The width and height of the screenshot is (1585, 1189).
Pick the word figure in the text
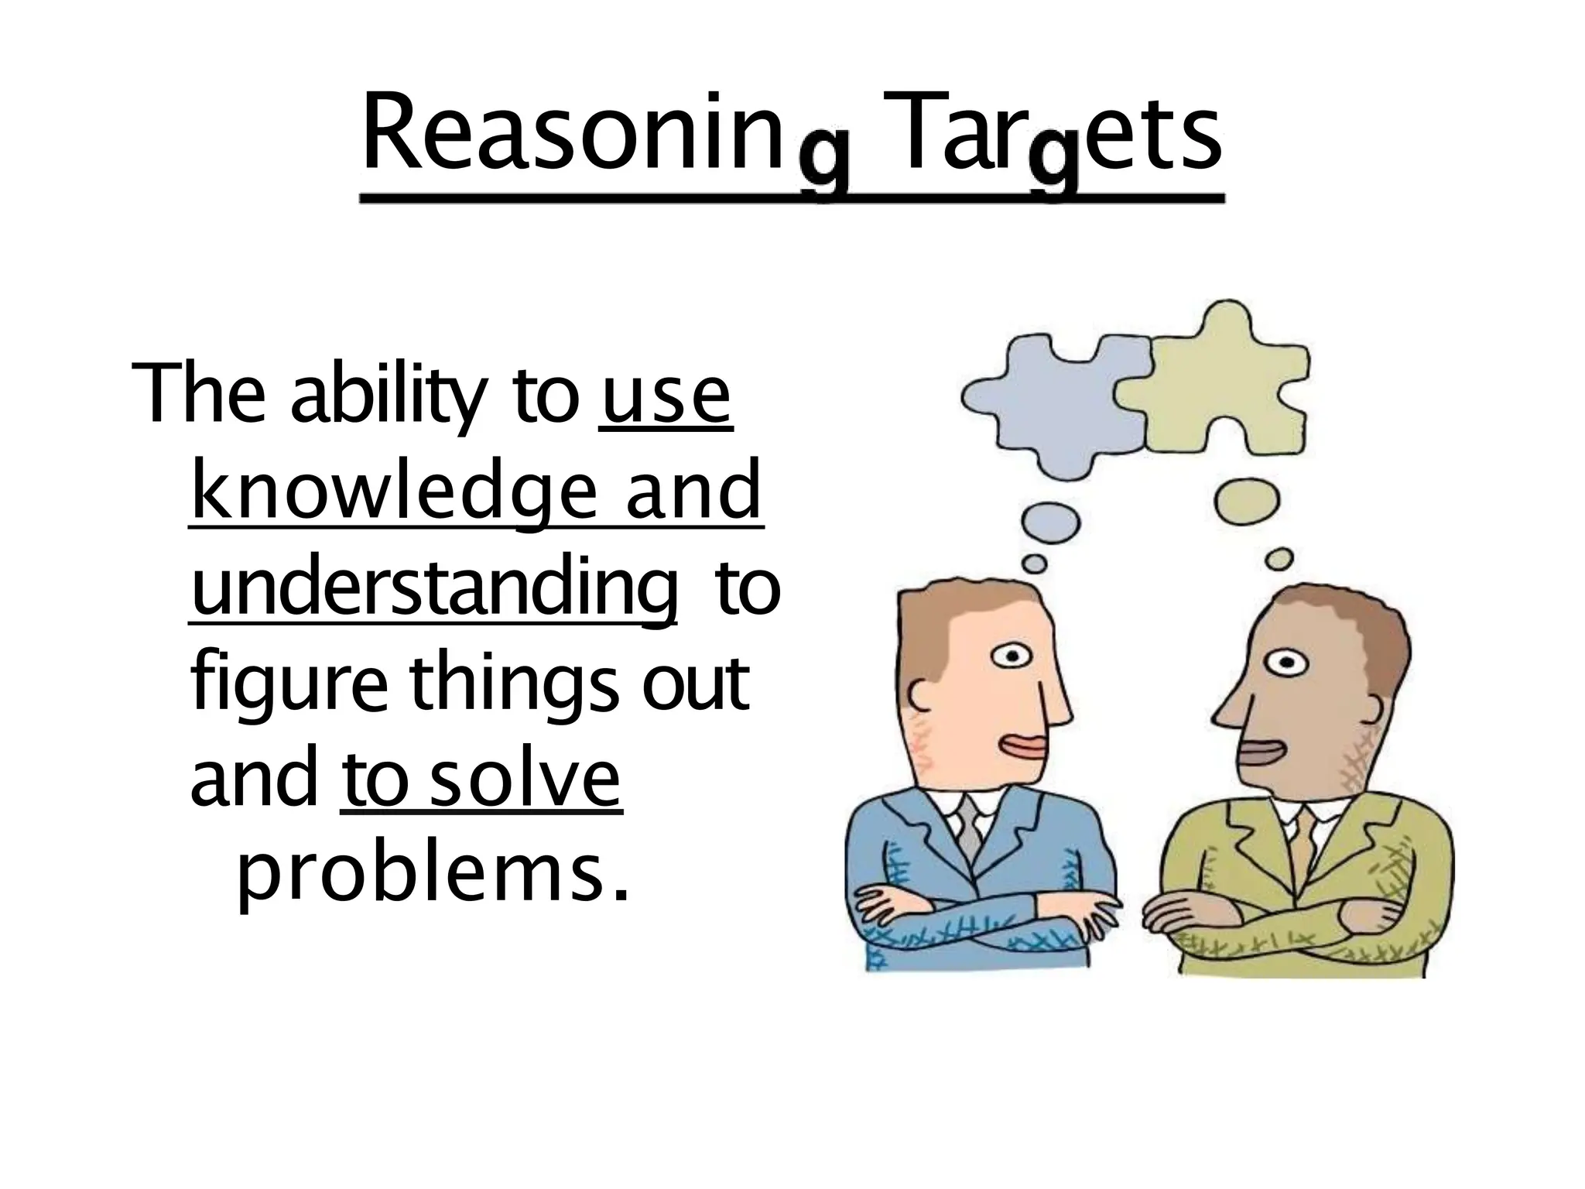click(288, 684)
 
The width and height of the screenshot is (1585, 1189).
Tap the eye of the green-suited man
click(1285, 663)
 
